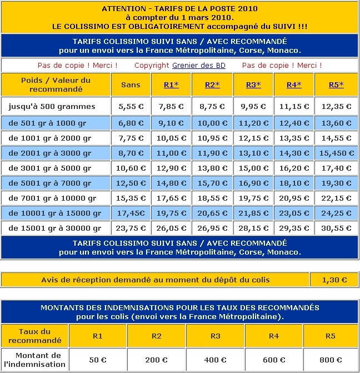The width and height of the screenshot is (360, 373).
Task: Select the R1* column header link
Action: pyautogui.click(x=171, y=84)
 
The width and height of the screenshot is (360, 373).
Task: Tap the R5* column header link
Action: pyautogui.click(x=336, y=84)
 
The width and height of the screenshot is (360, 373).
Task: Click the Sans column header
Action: pyautogui.click(x=131, y=84)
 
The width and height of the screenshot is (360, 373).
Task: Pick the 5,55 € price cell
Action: pyautogui.click(x=131, y=106)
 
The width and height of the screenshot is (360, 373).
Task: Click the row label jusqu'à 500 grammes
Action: pyautogui.click(x=52, y=106)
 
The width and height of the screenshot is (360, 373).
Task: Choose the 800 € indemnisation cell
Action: pyautogui.click(x=331, y=360)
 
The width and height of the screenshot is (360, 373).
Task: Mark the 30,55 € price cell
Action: pyautogui.click(x=336, y=228)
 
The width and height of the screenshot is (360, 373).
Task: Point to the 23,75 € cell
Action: pyautogui.click(x=131, y=228)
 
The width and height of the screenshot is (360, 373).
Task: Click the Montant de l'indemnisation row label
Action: pyautogui.click(x=34, y=360)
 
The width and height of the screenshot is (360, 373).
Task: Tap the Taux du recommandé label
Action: pyautogui.click(x=35, y=336)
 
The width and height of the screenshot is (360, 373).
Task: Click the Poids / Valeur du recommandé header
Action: pyautogui.click(x=56, y=84)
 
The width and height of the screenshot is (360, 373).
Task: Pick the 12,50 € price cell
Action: pyautogui.click(x=131, y=183)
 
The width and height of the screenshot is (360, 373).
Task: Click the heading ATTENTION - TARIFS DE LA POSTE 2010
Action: pyautogui.click(x=180, y=9)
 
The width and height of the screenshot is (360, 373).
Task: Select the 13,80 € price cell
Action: pyautogui.click(x=212, y=167)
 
